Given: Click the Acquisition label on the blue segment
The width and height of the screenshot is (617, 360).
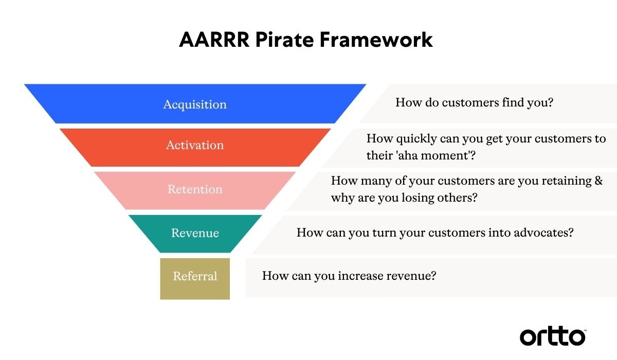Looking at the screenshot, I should tap(195, 104).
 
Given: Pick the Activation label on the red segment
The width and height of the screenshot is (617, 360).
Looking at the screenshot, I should tap(195, 145).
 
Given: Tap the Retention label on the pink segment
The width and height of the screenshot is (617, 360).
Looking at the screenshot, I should tap(195, 189).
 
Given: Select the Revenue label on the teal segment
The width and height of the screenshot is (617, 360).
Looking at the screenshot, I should tap(195, 233).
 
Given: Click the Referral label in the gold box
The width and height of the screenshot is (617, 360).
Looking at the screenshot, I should tap(195, 276).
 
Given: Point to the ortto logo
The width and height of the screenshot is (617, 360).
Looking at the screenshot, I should tap(552, 336).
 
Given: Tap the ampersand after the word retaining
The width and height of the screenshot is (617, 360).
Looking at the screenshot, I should tap(598, 181).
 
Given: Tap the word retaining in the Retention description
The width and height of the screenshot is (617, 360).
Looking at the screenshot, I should tap(564, 181).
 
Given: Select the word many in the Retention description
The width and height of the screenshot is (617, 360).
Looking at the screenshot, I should tap(373, 181).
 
